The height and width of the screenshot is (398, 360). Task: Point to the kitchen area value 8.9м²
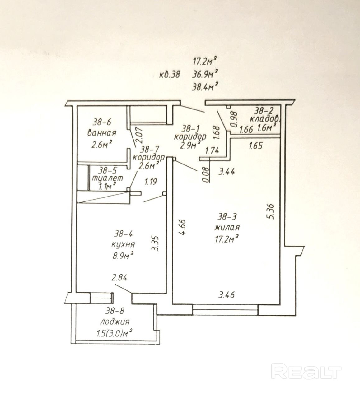[123, 256]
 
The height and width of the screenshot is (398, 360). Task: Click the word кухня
[123, 244]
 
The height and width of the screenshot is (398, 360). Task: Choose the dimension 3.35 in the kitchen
[156, 243]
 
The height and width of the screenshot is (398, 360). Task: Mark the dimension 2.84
[119, 278]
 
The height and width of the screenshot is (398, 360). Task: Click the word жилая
[227, 228]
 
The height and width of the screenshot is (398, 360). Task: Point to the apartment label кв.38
[170, 75]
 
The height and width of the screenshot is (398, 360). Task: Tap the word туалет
[107, 178]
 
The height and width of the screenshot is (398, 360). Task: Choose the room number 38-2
[264, 111]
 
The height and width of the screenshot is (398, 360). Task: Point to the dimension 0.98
[235, 119]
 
